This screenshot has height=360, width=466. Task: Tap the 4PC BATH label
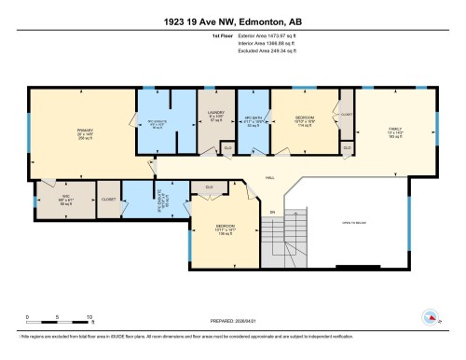[x=254, y=121]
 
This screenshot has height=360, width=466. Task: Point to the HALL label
[x=268, y=177]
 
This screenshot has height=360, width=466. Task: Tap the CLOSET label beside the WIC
[x=109, y=199]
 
